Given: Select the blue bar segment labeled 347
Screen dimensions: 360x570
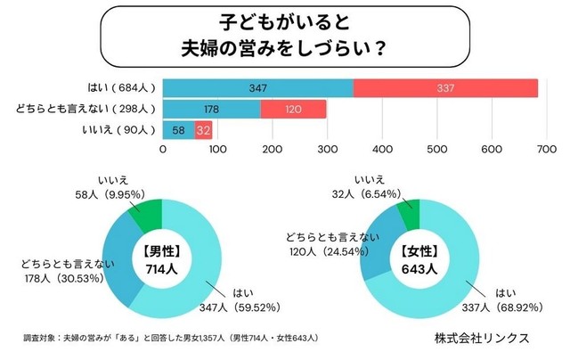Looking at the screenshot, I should (x=258, y=88).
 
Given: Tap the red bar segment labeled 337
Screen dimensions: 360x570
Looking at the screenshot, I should (x=445, y=88).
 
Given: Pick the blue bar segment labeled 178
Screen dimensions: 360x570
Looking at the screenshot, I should (x=211, y=110).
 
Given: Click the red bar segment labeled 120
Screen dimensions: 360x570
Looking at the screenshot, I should (x=293, y=110).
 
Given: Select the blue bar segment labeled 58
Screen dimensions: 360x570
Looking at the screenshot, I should (x=178, y=131).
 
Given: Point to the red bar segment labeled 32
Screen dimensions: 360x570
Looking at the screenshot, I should (x=203, y=131).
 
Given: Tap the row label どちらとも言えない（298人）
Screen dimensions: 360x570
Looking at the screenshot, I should (x=85, y=110).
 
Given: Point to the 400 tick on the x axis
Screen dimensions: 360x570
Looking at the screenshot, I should (x=382, y=150).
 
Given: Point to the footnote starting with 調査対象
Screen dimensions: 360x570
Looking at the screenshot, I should (x=169, y=340).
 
